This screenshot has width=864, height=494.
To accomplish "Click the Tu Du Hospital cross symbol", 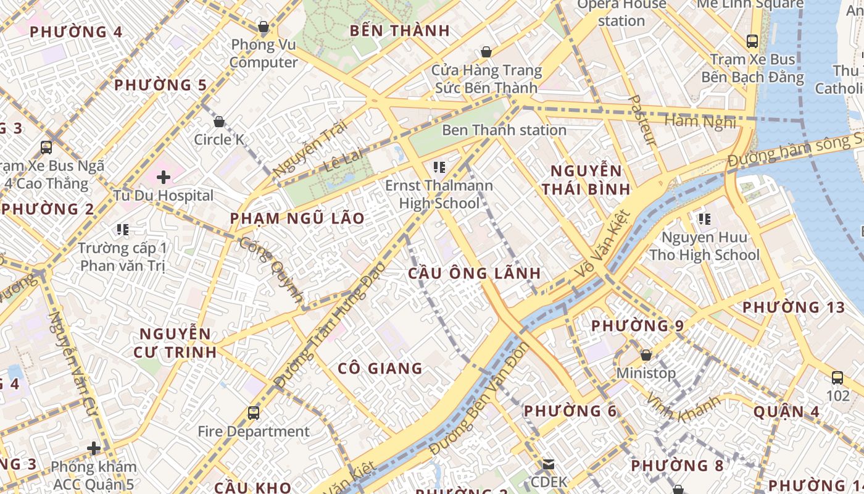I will point(163,178).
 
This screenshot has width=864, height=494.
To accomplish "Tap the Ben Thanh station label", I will point(504,130).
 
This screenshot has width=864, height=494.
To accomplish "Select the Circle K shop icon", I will point(218,122).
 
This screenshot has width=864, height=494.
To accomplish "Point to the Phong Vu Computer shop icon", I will point(264,27).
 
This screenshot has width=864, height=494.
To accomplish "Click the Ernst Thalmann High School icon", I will point(439,167).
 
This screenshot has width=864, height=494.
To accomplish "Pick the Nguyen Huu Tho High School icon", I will point(704,219).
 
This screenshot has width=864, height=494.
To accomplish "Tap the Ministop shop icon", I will point(646,356).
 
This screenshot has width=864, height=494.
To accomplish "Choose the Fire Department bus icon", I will point(253,413).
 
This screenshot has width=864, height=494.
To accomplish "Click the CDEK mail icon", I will point(548,464).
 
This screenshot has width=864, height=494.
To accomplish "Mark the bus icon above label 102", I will point(837,378).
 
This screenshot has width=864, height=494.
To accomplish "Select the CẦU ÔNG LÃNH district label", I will point(474,273).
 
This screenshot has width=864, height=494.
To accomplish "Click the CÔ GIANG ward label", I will point(380,369).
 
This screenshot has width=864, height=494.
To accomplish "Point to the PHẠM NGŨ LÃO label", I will point(297,219).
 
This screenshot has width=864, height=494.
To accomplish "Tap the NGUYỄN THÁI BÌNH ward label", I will point(586,180).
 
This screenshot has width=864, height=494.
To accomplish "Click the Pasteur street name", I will point(642,120).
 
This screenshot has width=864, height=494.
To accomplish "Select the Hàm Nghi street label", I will point(700,121).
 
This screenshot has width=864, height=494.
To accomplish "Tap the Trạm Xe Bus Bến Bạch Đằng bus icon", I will point(752,41).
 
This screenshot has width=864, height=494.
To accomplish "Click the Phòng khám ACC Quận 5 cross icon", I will point(94,448).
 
